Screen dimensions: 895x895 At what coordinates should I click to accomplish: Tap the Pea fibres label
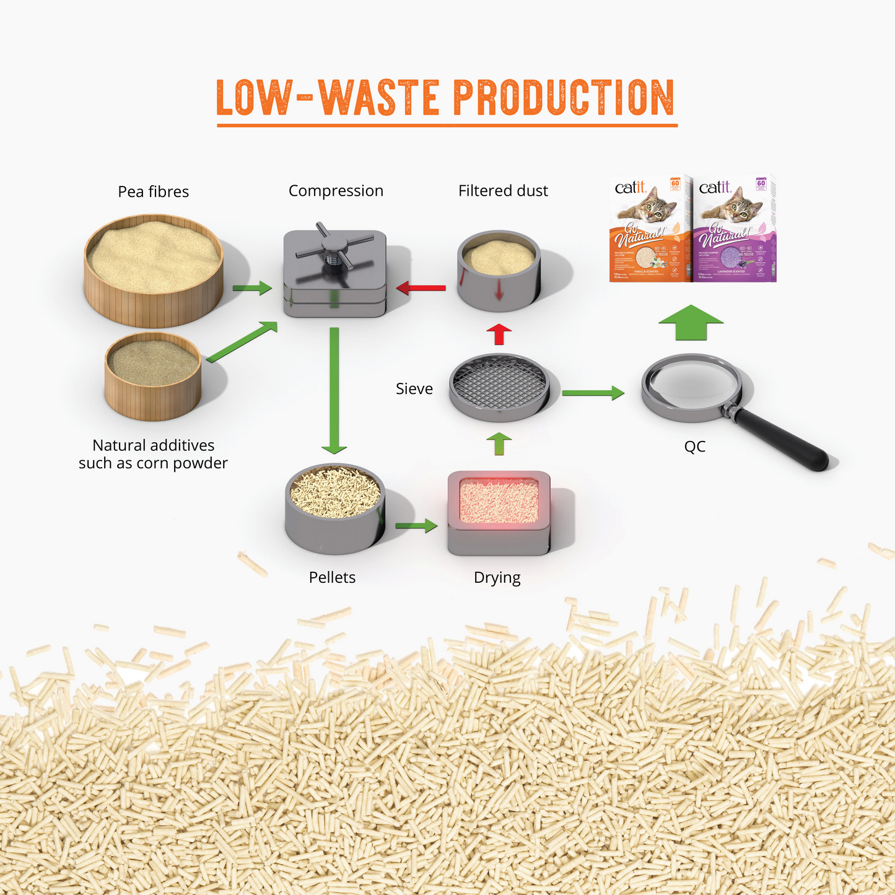tap(153, 192)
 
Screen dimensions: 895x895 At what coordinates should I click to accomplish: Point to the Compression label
tap(336, 191)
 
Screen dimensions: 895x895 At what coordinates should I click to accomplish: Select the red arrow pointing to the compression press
tap(421, 287)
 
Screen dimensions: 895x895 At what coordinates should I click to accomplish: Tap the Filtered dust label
tap(503, 191)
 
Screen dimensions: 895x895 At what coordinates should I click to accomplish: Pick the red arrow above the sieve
tap(499, 334)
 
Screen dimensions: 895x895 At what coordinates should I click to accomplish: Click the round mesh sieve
tap(499, 386)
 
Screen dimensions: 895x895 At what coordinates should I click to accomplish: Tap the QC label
tap(694, 447)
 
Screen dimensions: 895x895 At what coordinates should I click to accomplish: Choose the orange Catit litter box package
tap(650, 229)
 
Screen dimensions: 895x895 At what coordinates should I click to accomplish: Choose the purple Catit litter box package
tap(736, 229)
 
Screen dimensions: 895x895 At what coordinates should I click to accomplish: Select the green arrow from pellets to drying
tap(416, 526)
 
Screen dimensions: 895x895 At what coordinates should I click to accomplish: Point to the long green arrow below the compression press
tap(334, 390)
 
